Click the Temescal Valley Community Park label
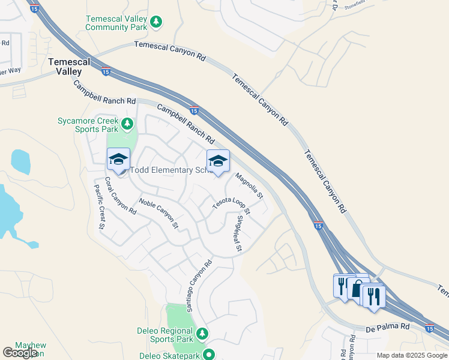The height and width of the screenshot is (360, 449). tap(116, 23)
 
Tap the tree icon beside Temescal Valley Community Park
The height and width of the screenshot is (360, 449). tap(156, 22)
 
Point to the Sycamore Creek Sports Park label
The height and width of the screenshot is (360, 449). tap(88, 124)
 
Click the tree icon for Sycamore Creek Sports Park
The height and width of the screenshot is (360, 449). tap(127, 124)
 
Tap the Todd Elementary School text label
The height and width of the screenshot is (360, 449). tap(172, 170)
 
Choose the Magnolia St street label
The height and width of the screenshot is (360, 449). tap(249, 185)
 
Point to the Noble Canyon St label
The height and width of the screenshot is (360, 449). tap(159, 214)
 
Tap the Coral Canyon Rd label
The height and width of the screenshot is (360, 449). tap(121, 196)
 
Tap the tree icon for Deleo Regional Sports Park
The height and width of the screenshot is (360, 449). tap(202, 333)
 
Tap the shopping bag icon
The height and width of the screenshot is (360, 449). tap(358, 289)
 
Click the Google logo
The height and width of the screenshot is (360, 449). tap(19, 353)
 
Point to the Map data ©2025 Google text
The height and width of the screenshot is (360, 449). tap(412, 355)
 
